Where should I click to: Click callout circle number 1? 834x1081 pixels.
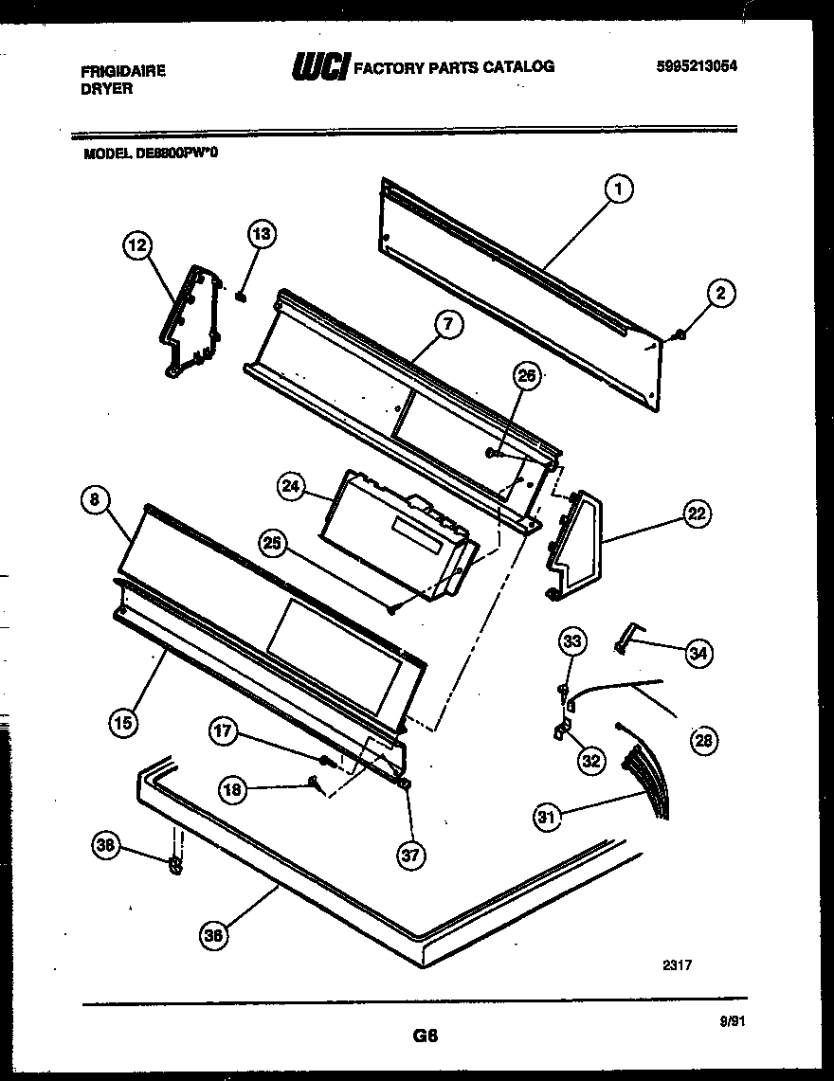[x=618, y=190]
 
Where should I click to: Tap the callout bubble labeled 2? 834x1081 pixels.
[x=720, y=295]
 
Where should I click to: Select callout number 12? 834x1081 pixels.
[x=137, y=247]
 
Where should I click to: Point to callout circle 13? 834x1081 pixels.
[x=261, y=233]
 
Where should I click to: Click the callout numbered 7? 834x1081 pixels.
[x=447, y=325]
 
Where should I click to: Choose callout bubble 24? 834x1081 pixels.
[x=291, y=487]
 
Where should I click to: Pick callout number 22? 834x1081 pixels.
[x=697, y=515]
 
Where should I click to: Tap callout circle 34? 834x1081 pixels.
[x=698, y=652]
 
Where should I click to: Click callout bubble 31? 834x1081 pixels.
[x=547, y=816]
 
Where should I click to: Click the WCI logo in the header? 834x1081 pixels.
[x=319, y=67]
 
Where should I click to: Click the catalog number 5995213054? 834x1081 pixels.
[x=696, y=66]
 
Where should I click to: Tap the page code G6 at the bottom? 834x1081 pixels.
[x=424, y=1036]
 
